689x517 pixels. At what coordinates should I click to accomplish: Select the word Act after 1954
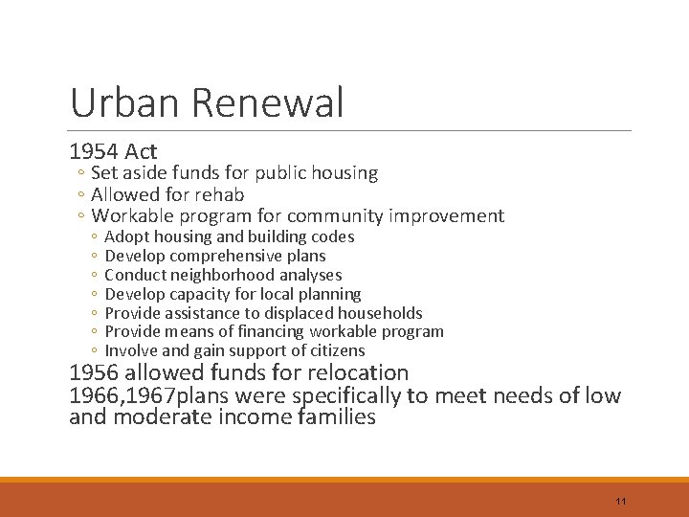(141, 151)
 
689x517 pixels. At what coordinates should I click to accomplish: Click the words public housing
(323, 173)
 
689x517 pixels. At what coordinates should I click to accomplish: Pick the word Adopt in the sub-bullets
(125, 236)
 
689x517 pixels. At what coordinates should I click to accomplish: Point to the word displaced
(280, 313)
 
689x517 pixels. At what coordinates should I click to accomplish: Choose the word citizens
(335, 351)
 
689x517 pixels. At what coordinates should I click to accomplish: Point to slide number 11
(621, 502)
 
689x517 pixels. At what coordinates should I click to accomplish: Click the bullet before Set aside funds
(82, 174)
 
